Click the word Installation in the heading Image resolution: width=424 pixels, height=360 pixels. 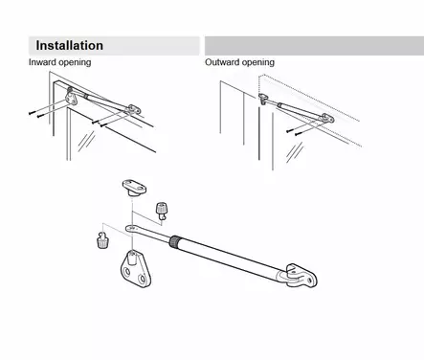pyautogui.click(x=69, y=45)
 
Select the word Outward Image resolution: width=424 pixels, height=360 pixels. pyautogui.click(x=221, y=62)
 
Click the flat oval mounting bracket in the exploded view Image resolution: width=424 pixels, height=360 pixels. pyautogui.click(x=134, y=188)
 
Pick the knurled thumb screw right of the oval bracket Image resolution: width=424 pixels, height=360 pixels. pyautogui.click(x=161, y=211)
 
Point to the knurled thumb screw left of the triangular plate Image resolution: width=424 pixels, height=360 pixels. pyautogui.click(x=102, y=240)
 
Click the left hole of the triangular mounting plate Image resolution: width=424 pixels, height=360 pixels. pyautogui.click(x=127, y=272)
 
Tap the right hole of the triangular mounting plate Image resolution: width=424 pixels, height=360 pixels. pyautogui.click(x=142, y=280)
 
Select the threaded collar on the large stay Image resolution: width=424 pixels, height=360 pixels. pyautogui.click(x=175, y=240)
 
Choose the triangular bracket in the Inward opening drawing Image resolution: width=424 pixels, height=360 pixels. pyautogui.click(x=72, y=98)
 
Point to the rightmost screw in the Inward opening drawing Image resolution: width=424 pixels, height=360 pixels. pyautogui.click(x=103, y=125)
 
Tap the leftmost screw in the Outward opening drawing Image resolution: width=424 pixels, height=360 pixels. pyautogui.click(x=289, y=130)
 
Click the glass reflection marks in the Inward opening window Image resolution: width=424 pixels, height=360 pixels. pyautogui.click(x=86, y=142)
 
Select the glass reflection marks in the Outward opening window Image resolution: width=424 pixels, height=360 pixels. pyautogui.click(x=295, y=152)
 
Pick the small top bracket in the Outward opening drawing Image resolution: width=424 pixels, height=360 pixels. pyautogui.click(x=263, y=99)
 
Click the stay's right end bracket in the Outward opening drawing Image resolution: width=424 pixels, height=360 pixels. pyautogui.click(x=327, y=118)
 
